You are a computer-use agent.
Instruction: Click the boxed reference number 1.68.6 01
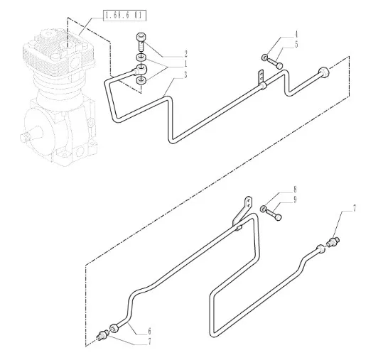125,16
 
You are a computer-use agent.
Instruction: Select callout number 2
186,54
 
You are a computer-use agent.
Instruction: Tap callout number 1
185,64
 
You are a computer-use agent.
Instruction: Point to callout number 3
185,75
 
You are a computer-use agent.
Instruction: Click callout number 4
296,34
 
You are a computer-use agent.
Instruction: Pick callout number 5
296,45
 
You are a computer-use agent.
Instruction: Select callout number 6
149,331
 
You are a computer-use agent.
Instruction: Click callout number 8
295,190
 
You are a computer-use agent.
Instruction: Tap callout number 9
295,200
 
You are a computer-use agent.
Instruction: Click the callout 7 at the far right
354,209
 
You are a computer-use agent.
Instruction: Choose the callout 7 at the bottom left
149,342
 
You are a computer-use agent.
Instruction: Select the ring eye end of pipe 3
141,69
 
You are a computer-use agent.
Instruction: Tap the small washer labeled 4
264,58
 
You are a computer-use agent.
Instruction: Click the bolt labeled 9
274,214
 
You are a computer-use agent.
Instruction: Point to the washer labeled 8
263,209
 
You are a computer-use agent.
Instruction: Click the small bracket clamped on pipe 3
261,77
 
